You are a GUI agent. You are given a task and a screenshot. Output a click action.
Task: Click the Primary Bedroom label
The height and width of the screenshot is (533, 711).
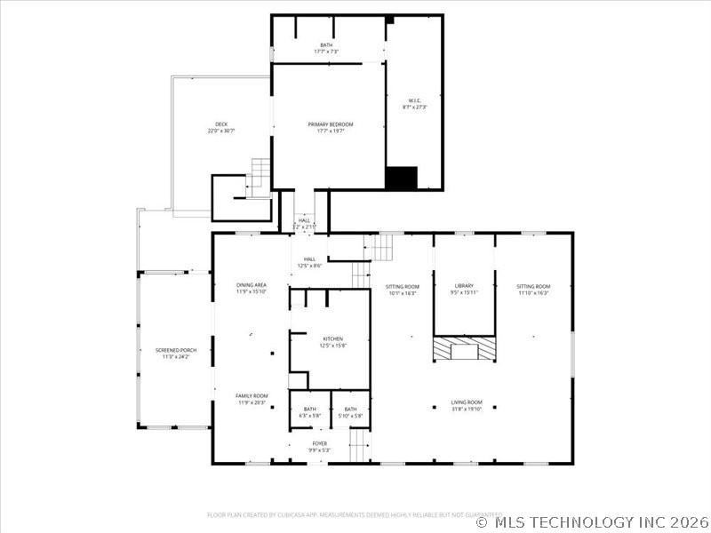[x=330, y=127]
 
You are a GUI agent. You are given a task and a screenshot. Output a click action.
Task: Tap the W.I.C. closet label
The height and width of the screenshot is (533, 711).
[x=414, y=104]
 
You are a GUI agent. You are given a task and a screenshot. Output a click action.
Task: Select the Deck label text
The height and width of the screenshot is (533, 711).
[x=221, y=127]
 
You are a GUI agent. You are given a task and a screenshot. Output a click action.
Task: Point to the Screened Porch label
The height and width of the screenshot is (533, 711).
[x=175, y=354]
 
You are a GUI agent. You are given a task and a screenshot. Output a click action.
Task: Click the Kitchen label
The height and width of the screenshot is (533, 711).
[x=332, y=342]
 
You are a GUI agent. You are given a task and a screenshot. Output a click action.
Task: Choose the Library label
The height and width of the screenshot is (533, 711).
[x=464, y=289]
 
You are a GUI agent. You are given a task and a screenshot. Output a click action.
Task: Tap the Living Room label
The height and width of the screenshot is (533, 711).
[x=467, y=405]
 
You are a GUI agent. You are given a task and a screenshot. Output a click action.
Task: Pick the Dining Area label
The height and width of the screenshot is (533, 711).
[x=251, y=288]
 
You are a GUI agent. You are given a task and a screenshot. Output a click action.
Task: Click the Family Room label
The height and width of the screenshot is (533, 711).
[x=251, y=399]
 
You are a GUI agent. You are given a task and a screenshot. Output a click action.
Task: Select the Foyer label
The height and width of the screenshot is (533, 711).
[x=319, y=446]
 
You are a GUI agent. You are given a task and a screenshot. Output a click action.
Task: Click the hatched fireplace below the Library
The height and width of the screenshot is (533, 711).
[x=464, y=349]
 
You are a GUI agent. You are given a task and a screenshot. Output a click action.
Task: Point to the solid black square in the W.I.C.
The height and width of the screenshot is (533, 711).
[x=401, y=178]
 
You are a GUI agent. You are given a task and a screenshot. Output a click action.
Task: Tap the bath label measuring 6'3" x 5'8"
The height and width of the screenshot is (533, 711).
[x=308, y=412]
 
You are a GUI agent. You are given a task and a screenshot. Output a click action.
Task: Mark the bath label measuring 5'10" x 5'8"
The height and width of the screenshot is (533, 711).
[x=351, y=412]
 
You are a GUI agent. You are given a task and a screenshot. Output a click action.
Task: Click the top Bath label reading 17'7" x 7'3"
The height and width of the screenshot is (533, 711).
[x=328, y=48]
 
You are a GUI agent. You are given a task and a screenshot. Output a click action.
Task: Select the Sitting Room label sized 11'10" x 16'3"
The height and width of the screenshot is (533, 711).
[x=533, y=289]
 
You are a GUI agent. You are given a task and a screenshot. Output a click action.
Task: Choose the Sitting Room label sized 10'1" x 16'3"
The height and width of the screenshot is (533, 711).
[x=402, y=289]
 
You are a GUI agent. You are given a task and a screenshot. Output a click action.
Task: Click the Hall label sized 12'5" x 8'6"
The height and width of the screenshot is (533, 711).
[x=309, y=262]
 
